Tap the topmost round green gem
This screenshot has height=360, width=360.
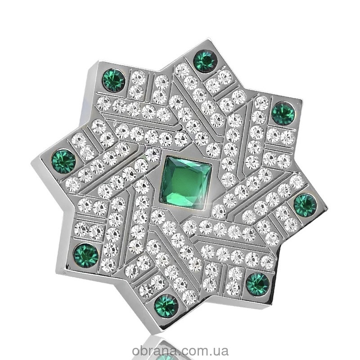click(205, 60)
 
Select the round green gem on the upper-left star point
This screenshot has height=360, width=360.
click(114, 81)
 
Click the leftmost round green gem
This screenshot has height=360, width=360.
click(64, 161)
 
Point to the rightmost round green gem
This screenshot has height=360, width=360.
click(305, 205)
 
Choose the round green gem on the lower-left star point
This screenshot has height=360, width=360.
click(86, 255)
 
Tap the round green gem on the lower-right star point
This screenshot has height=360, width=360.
click(257, 284)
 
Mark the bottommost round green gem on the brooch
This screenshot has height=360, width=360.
click(166, 306)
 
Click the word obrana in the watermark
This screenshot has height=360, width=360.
click(156, 351)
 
